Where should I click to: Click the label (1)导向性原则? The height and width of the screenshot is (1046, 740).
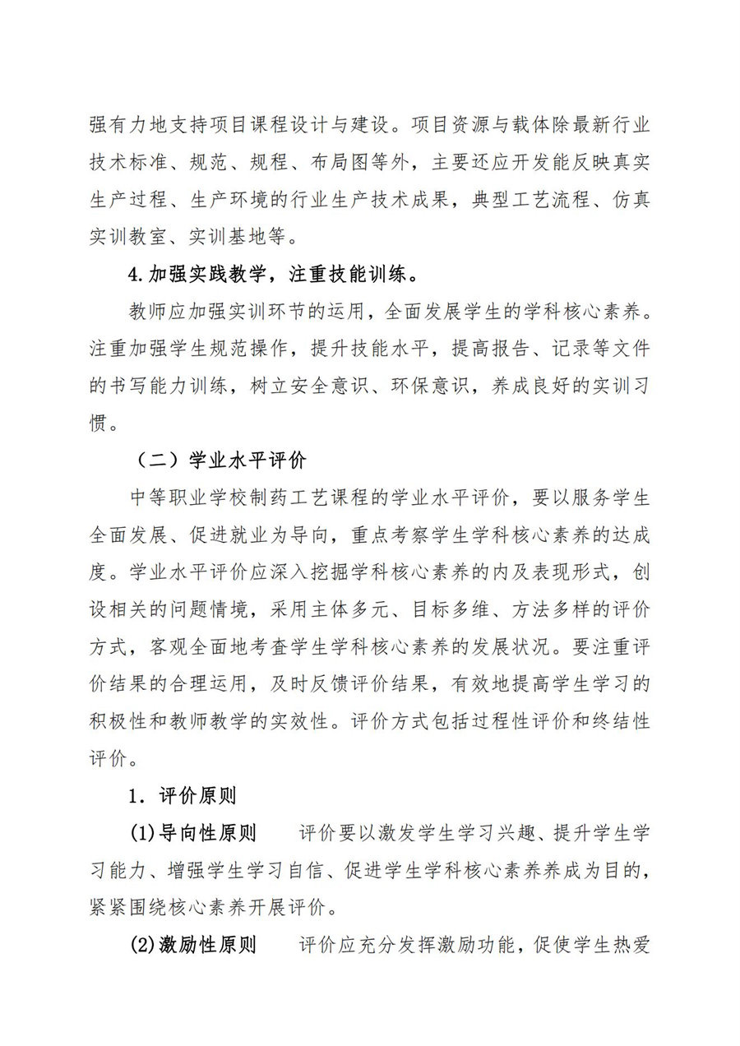(x=193, y=833)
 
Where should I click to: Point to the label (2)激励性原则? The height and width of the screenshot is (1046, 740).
(x=193, y=945)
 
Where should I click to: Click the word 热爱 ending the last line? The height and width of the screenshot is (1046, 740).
(x=631, y=945)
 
